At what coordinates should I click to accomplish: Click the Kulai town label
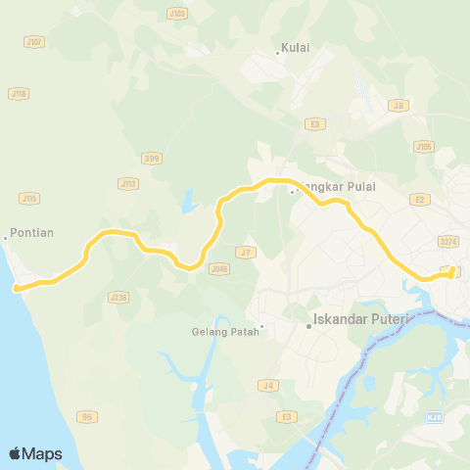pyautogui.click(x=295, y=47)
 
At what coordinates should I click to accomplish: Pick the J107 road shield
pyautogui.click(x=34, y=42)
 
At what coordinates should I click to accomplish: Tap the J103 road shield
pyautogui.click(x=176, y=14)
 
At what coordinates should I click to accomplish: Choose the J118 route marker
pyautogui.click(x=17, y=93)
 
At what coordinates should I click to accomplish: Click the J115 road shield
pyautogui.click(x=29, y=198)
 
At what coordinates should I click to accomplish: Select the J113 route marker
pyautogui.click(x=127, y=183)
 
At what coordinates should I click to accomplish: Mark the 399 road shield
pyautogui.click(x=151, y=157)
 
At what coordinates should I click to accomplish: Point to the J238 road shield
pyautogui.click(x=119, y=296)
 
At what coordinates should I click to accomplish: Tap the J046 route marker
pyautogui.click(x=219, y=268)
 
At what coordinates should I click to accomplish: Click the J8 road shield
pyautogui.click(x=398, y=105)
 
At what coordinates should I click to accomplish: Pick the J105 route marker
pyautogui.click(x=422, y=147)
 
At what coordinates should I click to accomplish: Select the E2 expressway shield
pyautogui.click(x=419, y=199)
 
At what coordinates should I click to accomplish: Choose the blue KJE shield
pyautogui.click(x=434, y=417)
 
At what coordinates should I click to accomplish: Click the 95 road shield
pyautogui.click(x=87, y=416)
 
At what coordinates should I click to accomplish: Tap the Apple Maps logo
pyautogui.click(x=35, y=453)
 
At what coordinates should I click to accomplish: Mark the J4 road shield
pyautogui.click(x=267, y=385)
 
